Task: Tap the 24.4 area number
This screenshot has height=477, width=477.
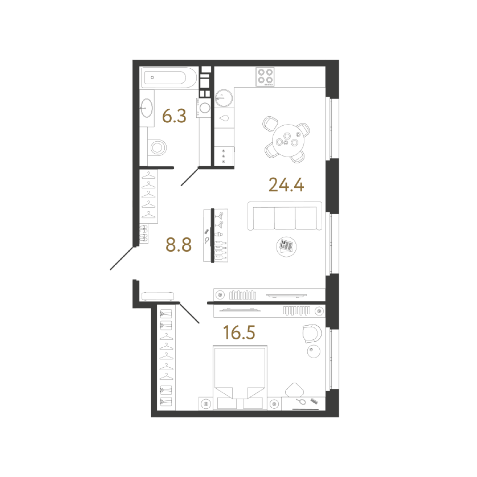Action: click(286, 185)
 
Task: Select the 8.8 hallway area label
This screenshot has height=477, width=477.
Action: click(179, 245)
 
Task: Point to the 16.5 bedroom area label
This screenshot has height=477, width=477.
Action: click(239, 332)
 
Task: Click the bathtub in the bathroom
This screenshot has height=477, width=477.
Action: click(169, 78)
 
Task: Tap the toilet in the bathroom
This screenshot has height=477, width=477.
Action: click(157, 147)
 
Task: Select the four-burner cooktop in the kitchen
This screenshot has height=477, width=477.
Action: click(265, 77)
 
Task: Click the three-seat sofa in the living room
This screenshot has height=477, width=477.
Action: click(285, 216)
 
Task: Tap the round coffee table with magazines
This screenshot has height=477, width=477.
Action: click(286, 246)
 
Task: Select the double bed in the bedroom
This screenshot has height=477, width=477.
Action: click(240, 378)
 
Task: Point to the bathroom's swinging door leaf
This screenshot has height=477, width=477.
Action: click(190, 177)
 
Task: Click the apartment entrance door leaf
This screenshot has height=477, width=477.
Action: click(121, 258)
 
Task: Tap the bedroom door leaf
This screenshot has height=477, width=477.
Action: click(189, 313)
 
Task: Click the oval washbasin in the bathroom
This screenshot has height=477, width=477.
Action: click(147, 108)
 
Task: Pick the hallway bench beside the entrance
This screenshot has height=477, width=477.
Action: click(158, 296)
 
